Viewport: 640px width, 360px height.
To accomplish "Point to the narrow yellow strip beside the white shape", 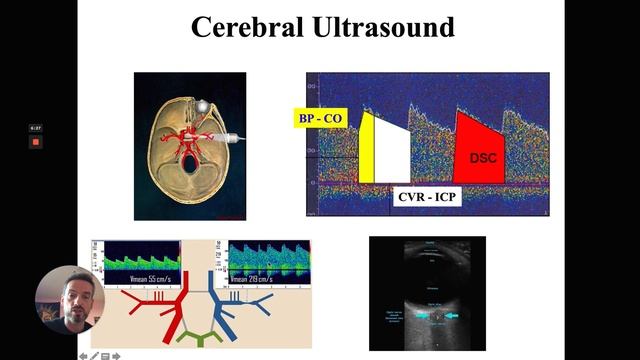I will click(x=366, y=148).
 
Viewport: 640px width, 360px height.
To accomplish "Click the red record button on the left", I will click(x=35, y=142).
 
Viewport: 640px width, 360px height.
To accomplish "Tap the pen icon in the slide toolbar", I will click(x=95, y=355).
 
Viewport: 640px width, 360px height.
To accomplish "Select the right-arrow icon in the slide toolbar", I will click(x=116, y=355).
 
